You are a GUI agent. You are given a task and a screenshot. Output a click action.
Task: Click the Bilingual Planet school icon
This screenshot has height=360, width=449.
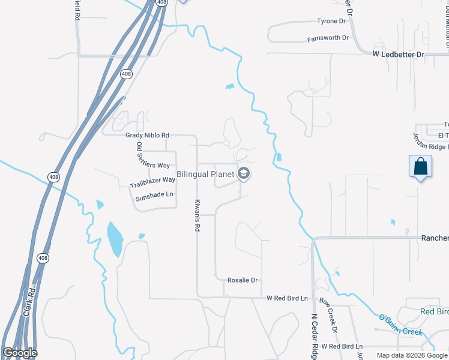[244, 174]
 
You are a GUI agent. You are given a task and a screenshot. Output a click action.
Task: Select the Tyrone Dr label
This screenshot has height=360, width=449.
[332, 21]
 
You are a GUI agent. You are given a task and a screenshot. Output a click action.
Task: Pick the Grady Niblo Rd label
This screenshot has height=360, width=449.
[147, 136]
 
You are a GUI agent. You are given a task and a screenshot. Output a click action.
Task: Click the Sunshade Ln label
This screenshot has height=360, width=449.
[153, 194]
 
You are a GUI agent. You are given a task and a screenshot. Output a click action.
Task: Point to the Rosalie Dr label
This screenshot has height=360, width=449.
[243, 280]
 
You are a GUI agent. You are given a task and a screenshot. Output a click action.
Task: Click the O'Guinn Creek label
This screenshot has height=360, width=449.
[400, 324]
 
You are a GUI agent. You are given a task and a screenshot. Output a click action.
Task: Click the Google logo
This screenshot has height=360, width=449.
[20, 353]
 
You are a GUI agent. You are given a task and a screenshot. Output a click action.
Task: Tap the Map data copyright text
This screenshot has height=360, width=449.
[412, 355]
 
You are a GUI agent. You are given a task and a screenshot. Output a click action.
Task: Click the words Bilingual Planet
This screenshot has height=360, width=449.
[205, 174]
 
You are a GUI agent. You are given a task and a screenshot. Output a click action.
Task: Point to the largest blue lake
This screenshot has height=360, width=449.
[114, 238]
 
